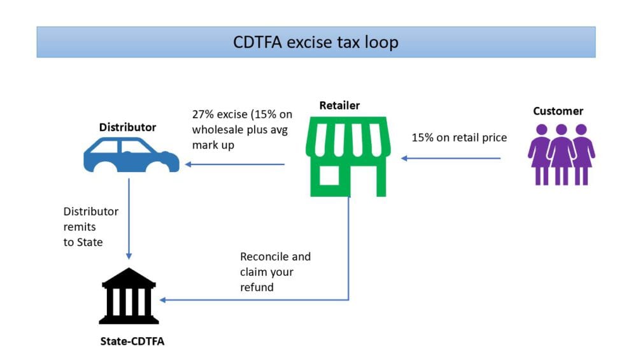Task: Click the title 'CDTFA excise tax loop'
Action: tap(315, 42)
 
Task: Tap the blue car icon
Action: tap(131, 155)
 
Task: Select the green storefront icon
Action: tap(347, 155)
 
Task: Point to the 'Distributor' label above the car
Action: tap(127, 127)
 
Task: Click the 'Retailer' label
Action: tap(339, 105)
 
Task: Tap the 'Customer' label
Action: tap(558, 111)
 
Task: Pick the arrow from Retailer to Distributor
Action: tap(235, 164)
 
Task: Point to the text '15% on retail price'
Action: tap(459, 137)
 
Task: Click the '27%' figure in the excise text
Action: tap(203, 115)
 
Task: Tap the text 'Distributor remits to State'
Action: tap(90, 227)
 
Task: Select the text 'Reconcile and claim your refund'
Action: tap(275, 272)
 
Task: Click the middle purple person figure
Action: tap(561, 154)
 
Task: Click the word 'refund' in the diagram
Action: tap(257, 287)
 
